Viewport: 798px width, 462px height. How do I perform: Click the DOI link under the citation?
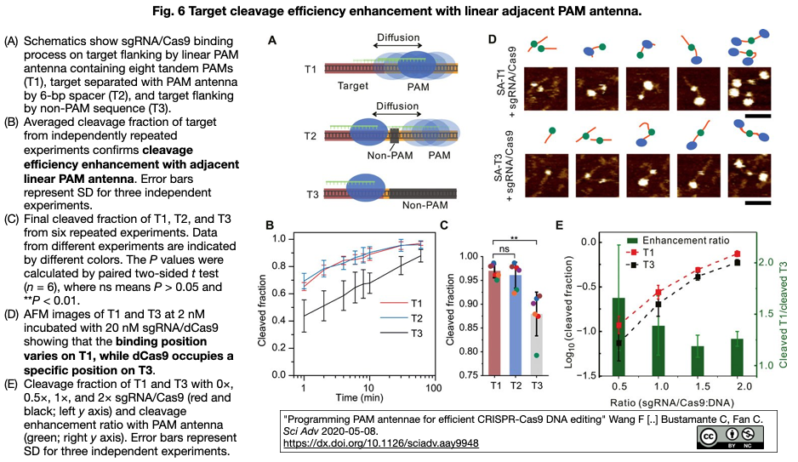(380, 443)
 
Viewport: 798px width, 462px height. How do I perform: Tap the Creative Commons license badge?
(730, 437)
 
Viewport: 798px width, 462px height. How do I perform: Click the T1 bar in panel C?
(494, 323)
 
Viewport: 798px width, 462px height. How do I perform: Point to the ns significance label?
(504, 249)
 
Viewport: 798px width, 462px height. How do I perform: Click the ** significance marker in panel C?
(515, 237)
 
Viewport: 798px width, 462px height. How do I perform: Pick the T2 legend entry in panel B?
(402, 318)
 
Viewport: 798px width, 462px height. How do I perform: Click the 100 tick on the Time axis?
(434, 388)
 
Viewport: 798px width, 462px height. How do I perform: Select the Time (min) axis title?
(359, 398)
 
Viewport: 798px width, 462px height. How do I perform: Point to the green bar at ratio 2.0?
(737, 357)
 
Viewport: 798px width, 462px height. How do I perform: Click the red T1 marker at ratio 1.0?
(658, 293)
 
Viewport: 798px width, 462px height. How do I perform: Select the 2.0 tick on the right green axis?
(767, 262)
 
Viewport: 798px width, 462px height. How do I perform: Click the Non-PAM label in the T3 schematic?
(425, 205)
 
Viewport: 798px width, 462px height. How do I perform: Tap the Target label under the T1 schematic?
(353, 85)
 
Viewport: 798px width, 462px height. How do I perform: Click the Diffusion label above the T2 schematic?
(397, 106)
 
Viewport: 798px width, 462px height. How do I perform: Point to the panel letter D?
(492, 38)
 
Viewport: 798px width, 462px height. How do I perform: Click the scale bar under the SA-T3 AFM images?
(757, 203)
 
